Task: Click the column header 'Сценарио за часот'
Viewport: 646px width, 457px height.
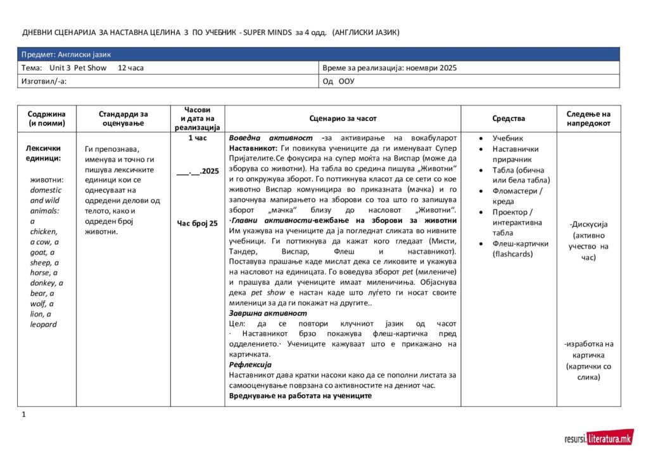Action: click(343, 119)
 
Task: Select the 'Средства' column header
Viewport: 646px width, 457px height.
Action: click(509, 119)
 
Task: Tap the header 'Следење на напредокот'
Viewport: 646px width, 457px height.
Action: click(588, 119)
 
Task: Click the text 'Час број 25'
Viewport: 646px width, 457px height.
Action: click(197, 223)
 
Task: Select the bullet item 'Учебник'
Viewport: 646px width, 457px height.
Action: click(508, 138)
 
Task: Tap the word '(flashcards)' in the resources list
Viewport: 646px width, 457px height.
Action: click(512, 254)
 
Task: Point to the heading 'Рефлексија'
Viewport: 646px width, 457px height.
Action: click(250, 365)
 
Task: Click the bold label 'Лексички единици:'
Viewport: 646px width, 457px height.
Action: click(43, 153)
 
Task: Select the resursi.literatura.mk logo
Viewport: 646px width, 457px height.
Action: click(598, 438)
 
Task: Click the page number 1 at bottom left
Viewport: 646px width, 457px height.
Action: click(23, 415)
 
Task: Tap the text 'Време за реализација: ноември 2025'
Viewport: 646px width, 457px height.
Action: click(389, 68)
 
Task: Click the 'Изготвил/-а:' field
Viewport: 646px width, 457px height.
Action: click(44, 81)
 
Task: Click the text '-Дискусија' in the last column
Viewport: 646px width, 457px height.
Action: click(588, 224)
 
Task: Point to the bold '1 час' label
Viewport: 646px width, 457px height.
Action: click(197, 138)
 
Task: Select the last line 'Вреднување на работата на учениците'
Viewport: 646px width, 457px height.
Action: click(300, 396)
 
